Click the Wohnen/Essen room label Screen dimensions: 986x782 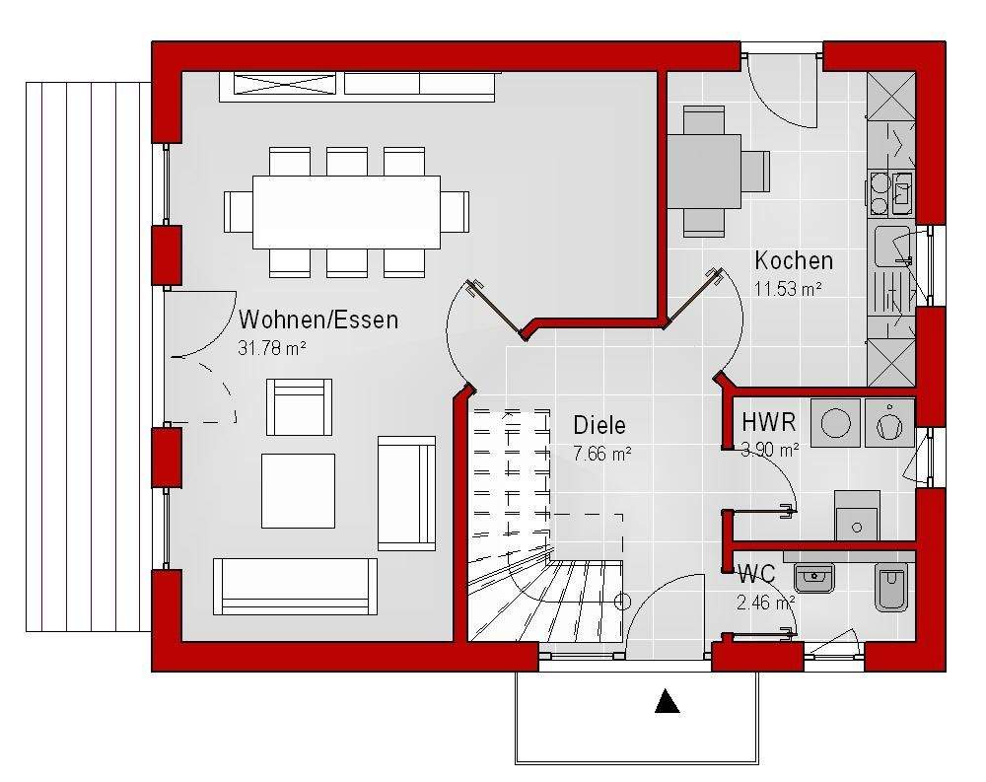click(x=318, y=320)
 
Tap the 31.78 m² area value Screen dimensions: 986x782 click(x=272, y=348)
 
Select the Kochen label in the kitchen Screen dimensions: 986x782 click(x=794, y=259)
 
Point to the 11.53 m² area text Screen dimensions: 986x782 click(x=789, y=289)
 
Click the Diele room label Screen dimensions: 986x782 click(x=599, y=425)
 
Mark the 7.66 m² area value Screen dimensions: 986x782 click(x=601, y=454)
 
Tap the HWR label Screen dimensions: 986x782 click(x=768, y=422)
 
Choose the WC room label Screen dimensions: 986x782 click(x=757, y=574)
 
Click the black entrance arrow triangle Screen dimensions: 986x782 click(x=667, y=701)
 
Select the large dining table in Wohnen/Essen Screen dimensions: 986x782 click(x=346, y=212)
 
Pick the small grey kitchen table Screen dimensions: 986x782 click(x=704, y=172)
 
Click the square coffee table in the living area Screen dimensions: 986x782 click(x=298, y=491)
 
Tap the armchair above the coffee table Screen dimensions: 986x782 click(x=299, y=407)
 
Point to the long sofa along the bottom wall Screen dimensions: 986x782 click(x=295, y=586)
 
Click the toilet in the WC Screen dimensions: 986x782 click(x=891, y=587)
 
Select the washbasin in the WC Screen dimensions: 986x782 click(x=815, y=578)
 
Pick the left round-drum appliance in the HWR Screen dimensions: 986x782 click(x=836, y=423)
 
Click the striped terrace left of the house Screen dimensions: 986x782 click(x=88, y=356)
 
